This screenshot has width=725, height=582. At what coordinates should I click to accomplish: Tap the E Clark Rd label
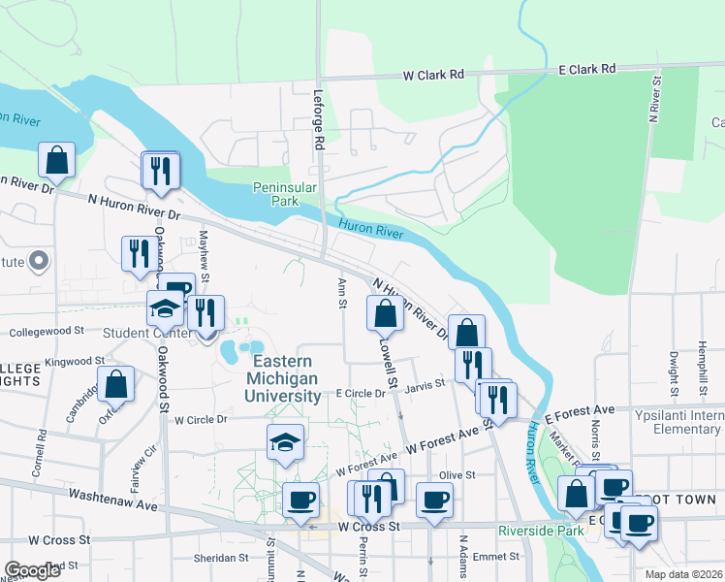pyautogui.click(x=587, y=69)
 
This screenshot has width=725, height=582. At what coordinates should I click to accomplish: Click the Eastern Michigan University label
pyautogui.click(x=286, y=379)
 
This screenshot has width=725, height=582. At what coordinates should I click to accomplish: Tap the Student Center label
pyautogui.click(x=135, y=333)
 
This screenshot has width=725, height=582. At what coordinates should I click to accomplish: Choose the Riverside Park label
pyautogui.click(x=541, y=531)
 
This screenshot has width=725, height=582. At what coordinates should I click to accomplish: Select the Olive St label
pyautogui.click(x=457, y=475)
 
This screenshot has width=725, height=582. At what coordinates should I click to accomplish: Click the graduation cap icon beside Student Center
pyautogui.click(x=165, y=308)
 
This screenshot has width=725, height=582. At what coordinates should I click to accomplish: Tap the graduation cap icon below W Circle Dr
pyautogui.click(x=285, y=442)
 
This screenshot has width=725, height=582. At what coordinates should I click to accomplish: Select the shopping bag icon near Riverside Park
pyautogui.click(x=577, y=493)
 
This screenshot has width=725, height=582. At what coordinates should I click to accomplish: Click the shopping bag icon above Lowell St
pyautogui.click(x=385, y=313)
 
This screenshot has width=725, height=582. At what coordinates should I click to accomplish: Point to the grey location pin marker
pyautogui.click(x=39, y=260)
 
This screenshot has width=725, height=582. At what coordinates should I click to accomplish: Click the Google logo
pyautogui.click(x=33, y=570)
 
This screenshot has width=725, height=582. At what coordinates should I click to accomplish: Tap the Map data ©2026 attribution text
pyautogui.click(x=683, y=574)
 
